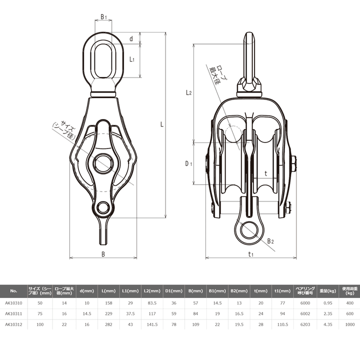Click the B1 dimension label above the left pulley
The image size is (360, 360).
pos(103,17)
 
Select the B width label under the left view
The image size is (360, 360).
pos(103,254)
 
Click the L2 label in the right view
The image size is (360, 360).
pos(188,92)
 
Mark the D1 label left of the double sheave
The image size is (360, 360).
pos(188,163)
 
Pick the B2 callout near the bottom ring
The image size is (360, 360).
pos(270,241)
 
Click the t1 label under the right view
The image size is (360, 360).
pos(250,254)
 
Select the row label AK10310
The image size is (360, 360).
pos(13,302)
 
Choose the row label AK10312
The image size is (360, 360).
pos(13,324)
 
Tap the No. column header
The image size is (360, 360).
pos(13,290)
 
